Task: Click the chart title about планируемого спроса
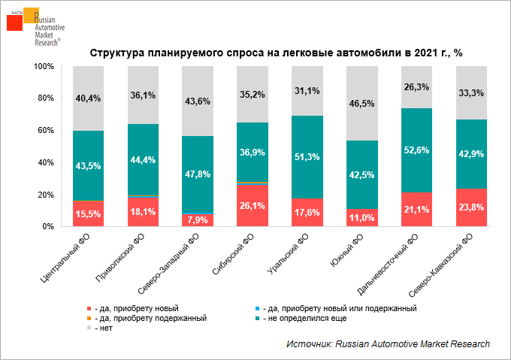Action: [x=275, y=53]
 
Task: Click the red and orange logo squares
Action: [x=20, y=19]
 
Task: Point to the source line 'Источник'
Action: [x=388, y=343]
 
